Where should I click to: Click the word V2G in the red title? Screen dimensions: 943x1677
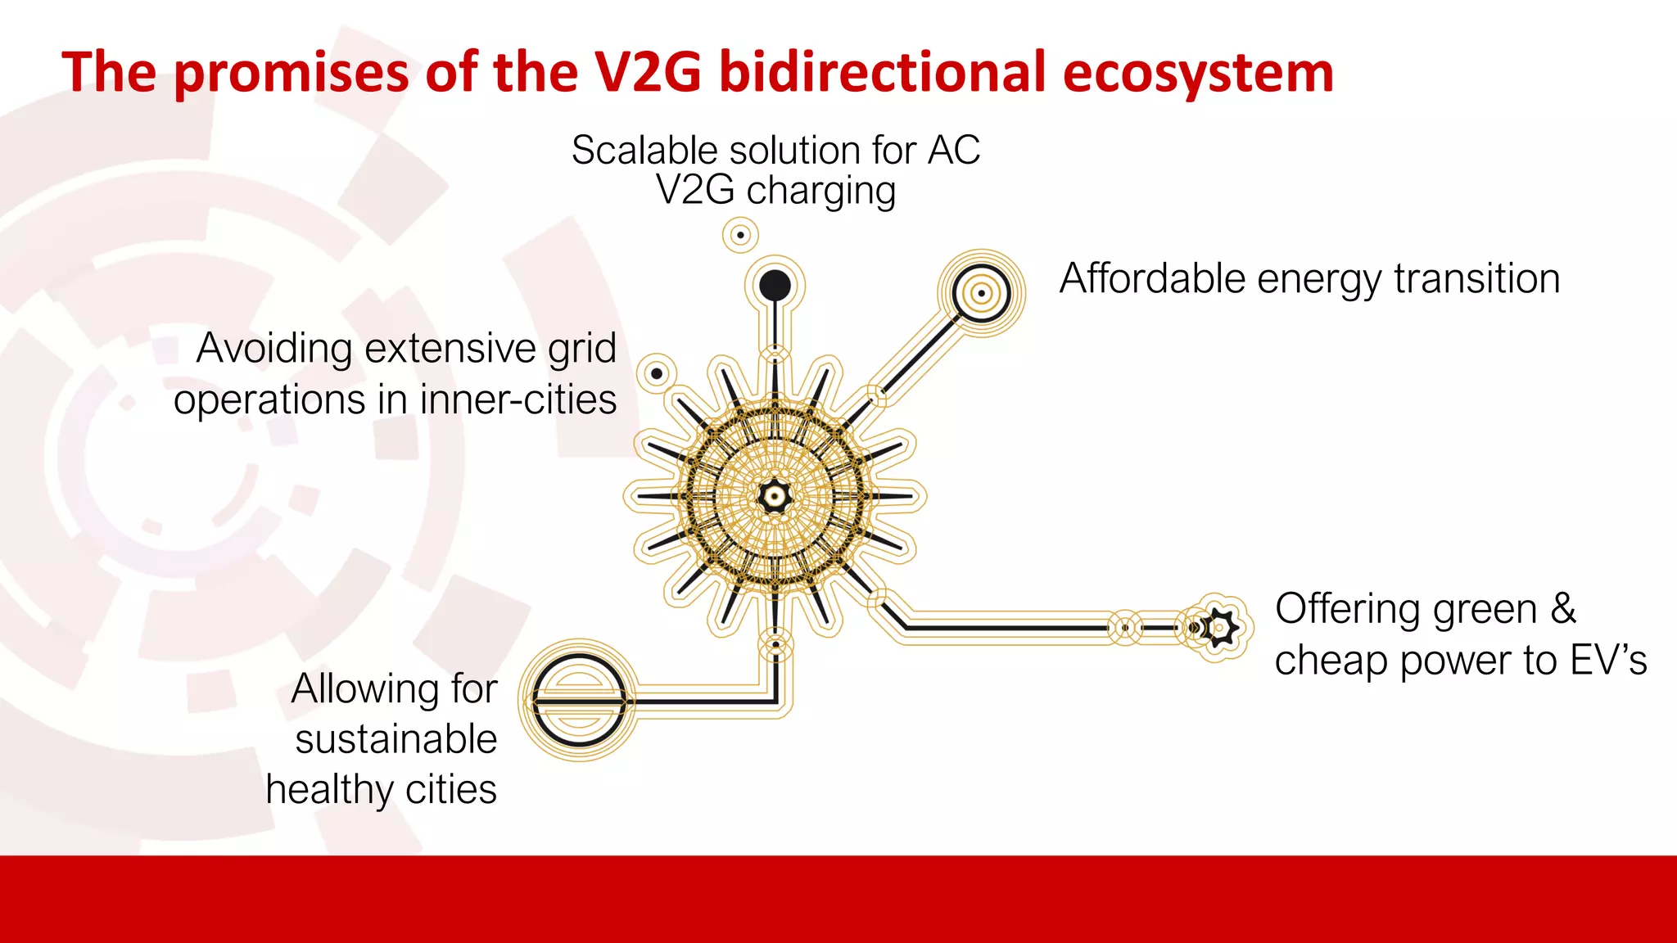[x=647, y=72]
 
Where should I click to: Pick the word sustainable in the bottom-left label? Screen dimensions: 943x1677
[x=396, y=739]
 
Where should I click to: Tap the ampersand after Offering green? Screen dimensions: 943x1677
[x=1562, y=609]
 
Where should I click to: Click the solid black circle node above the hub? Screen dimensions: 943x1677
[x=775, y=286]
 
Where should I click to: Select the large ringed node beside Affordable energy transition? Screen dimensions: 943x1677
[x=981, y=292]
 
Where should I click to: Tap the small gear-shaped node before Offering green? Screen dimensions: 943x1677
[x=1219, y=628]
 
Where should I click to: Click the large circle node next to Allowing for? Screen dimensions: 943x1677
[x=580, y=701]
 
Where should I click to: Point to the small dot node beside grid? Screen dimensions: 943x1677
[x=657, y=374]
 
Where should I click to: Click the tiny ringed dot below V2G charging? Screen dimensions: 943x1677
[x=740, y=236]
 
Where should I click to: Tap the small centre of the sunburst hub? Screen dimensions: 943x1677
[x=774, y=496]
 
